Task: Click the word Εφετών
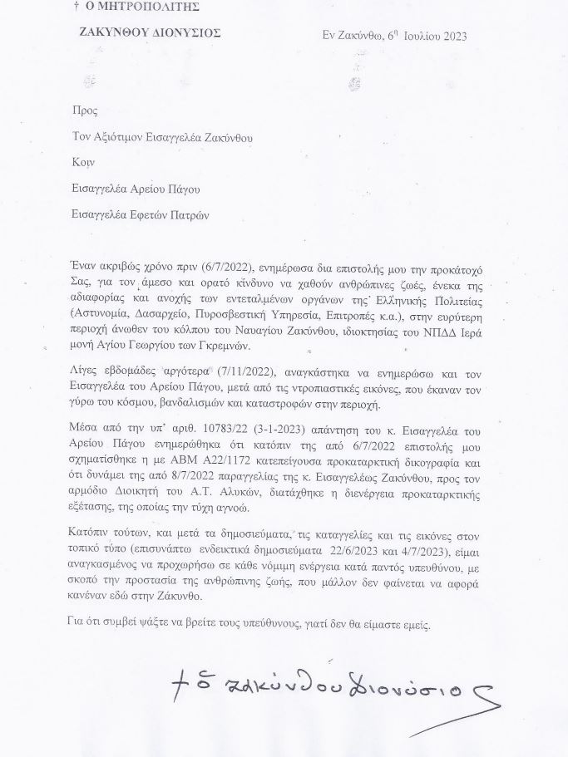(154, 214)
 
